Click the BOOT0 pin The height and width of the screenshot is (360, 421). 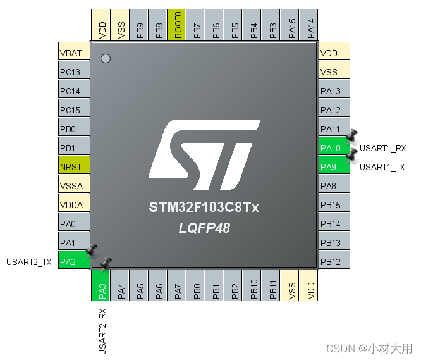(x=176, y=25)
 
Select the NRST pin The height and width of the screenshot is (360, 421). (x=74, y=164)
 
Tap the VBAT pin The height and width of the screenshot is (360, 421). (x=74, y=51)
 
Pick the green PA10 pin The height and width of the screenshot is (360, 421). (x=334, y=146)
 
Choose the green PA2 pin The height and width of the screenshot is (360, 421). (x=74, y=260)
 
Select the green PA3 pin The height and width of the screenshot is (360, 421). (x=100, y=285)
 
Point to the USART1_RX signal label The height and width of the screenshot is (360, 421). (x=382, y=148)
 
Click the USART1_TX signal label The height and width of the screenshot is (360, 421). (x=382, y=167)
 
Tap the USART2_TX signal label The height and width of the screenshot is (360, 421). (x=28, y=262)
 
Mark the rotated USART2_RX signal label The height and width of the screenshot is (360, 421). (x=102, y=332)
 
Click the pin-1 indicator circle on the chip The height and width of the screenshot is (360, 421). (x=106, y=59)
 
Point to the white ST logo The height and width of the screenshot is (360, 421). (x=204, y=155)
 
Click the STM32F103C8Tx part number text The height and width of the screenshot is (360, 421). (x=204, y=207)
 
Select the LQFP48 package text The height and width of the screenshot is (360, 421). (x=204, y=228)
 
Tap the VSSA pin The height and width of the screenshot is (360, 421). (x=74, y=183)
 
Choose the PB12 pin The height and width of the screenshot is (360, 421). (x=334, y=260)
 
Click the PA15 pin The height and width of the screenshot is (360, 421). (x=290, y=25)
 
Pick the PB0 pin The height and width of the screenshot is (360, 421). (x=195, y=285)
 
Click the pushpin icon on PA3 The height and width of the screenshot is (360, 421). (x=105, y=264)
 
